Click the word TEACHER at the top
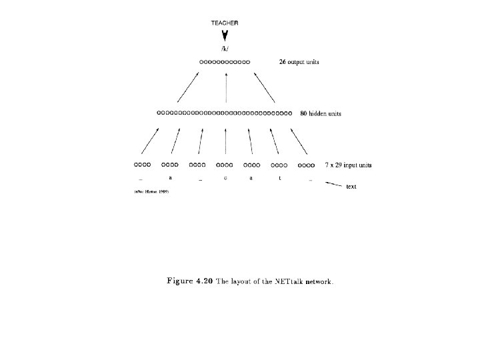pyautogui.click(x=225, y=23)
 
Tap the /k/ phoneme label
pyautogui.click(x=225, y=50)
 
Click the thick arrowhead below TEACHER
pyautogui.click(x=225, y=37)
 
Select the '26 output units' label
pyautogui.click(x=299, y=62)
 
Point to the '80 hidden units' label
pyautogui.click(x=320, y=113)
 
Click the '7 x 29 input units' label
pyautogui.click(x=348, y=164)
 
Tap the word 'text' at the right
pyautogui.click(x=351, y=187)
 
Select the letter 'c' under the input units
pyautogui.click(x=225, y=178)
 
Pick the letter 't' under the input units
pyautogui.click(x=279, y=178)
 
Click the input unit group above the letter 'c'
pyautogui.click(x=225, y=164)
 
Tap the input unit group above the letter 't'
pyautogui.click(x=279, y=164)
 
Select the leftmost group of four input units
pyautogui.click(x=143, y=164)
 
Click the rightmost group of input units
pyautogui.click(x=306, y=164)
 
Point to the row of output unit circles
pyautogui.click(x=224, y=62)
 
